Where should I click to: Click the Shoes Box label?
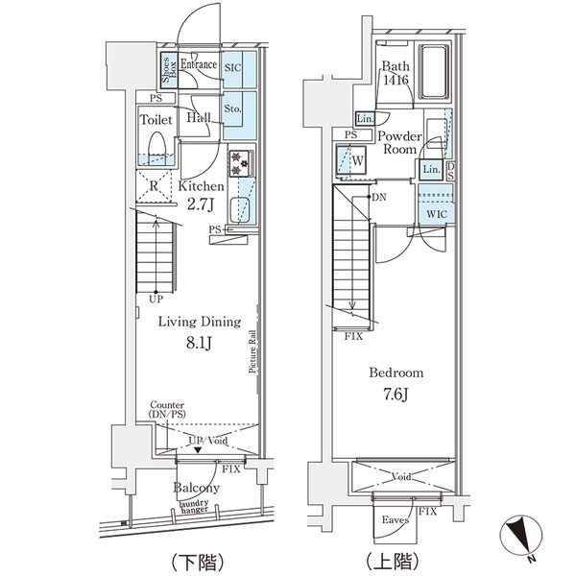(x=165, y=68)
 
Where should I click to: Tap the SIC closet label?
(x=231, y=68)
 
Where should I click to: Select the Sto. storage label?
(x=231, y=109)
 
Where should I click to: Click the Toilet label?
(x=156, y=121)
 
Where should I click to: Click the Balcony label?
(x=197, y=488)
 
